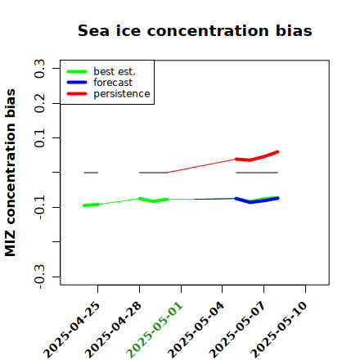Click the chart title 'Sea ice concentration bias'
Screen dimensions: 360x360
coord(195,30)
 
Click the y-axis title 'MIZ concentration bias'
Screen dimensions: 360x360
coord(11,173)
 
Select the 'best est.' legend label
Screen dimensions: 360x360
coord(115,71)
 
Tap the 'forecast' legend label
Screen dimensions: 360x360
coord(113,83)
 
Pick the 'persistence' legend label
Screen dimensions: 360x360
coord(122,94)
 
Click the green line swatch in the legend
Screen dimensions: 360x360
coord(77,72)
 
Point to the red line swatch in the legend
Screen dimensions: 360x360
coord(77,94)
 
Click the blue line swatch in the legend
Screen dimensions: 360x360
coord(77,83)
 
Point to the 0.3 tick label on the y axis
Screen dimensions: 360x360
coord(39,68)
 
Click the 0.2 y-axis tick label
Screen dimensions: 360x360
coord(39,103)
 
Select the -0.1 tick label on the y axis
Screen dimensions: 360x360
coord(39,207)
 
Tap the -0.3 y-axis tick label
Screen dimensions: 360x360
coord(39,277)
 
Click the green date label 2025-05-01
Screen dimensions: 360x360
coord(155,330)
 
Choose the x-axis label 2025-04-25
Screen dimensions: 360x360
coord(71,330)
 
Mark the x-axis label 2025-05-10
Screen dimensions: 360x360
coord(279,330)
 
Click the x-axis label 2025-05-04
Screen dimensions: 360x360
coord(196,330)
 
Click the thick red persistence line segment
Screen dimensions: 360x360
coord(257,157)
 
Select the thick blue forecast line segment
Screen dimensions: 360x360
coord(257,200)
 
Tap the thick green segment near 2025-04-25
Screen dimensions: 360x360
coord(91,205)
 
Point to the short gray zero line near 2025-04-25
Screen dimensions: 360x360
coord(91,173)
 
